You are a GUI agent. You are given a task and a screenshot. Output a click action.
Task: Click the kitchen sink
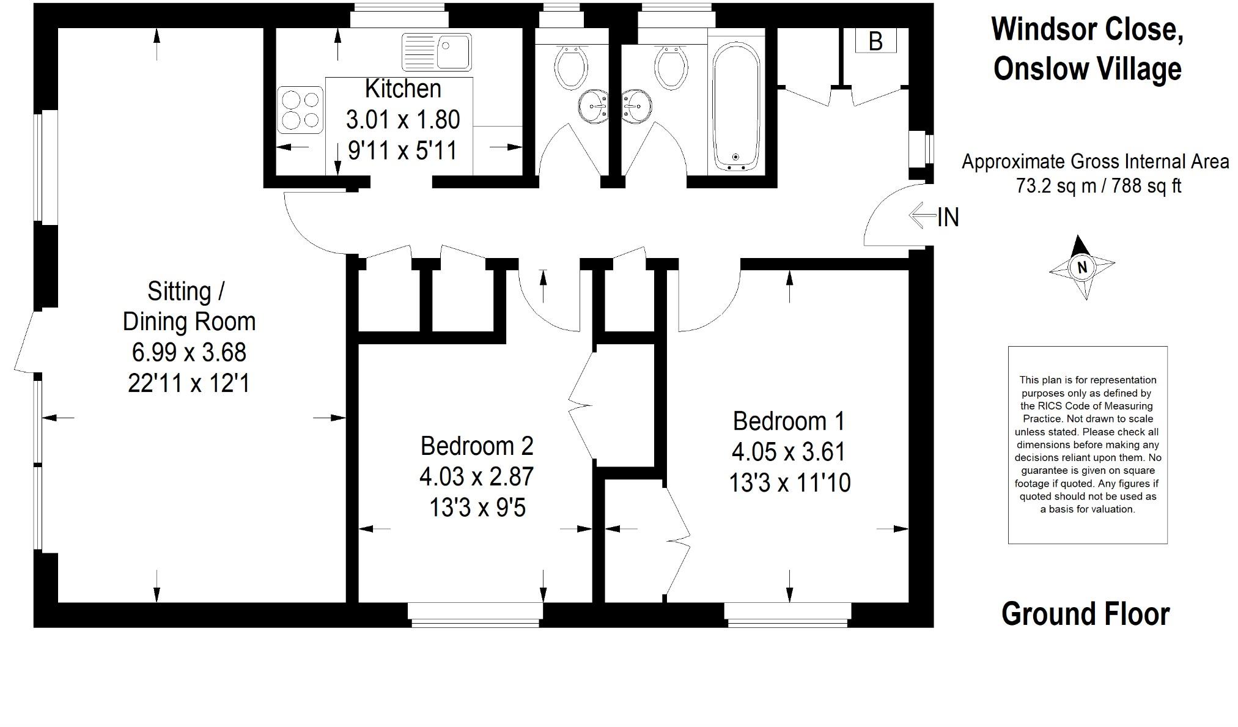(437, 52)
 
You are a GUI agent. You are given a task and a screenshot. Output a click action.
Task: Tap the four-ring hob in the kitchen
(300, 110)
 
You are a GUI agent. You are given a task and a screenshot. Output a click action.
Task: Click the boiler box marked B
(876, 41)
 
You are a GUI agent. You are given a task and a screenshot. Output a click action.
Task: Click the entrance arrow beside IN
(923, 216)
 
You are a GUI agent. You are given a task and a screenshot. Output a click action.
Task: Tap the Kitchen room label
(403, 89)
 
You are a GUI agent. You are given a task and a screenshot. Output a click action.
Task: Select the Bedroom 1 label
(789, 421)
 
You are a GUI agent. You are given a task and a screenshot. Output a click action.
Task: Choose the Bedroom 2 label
(477, 446)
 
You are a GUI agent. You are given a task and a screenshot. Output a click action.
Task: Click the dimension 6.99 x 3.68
(189, 352)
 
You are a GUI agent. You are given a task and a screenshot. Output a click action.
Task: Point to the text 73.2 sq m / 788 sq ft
(1098, 186)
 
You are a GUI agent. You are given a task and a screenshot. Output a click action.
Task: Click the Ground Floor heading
(1085, 614)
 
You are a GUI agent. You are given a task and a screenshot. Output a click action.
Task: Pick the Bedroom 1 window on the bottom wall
(788, 615)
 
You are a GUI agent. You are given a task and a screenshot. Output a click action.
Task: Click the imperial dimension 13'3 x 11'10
(789, 484)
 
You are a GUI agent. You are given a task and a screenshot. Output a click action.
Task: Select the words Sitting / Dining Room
(189, 306)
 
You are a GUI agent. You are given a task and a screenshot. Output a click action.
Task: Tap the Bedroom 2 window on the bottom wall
(476, 615)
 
